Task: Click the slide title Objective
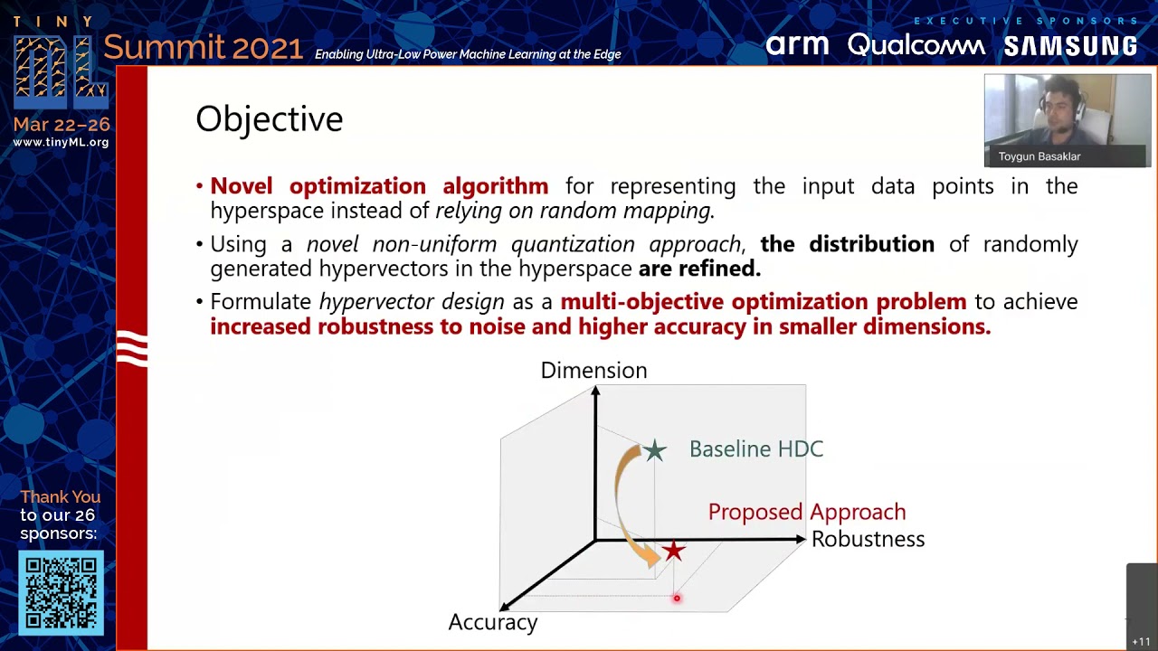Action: (x=269, y=119)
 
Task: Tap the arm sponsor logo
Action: (x=797, y=45)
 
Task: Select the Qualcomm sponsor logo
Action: (x=916, y=45)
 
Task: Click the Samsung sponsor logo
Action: (x=1070, y=46)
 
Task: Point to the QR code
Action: (x=61, y=593)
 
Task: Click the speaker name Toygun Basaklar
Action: (x=1039, y=156)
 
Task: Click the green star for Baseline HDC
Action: (x=654, y=450)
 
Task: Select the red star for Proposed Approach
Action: (x=673, y=552)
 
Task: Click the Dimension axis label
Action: (x=593, y=371)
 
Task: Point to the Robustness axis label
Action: (x=868, y=540)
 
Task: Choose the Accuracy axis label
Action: (x=493, y=622)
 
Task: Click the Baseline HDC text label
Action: (x=755, y=449)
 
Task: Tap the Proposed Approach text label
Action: (x=806, y=512)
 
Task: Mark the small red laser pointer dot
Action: (x=676, y=598)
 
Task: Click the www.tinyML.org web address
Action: (x=61, y=143)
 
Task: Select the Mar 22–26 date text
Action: (x=61, y=125)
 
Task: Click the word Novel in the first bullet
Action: (x=241, y=186)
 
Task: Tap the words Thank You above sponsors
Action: (x=60, y=497)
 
